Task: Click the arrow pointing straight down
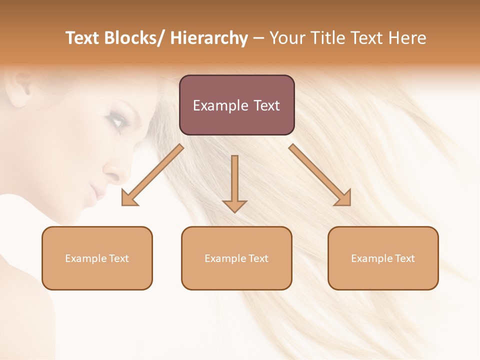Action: pyautogui.click(x=234, y=182)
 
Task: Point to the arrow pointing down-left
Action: pyautogui.click(x=152, y=175)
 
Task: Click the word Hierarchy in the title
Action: pyautogui.click(x=209, y=38)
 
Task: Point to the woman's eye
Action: pyautogui.click(x=116, y=120)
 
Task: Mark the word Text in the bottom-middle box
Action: pyautogui.click(x=258, y=258)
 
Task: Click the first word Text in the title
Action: pyautogui.click(x=82, y=38)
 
